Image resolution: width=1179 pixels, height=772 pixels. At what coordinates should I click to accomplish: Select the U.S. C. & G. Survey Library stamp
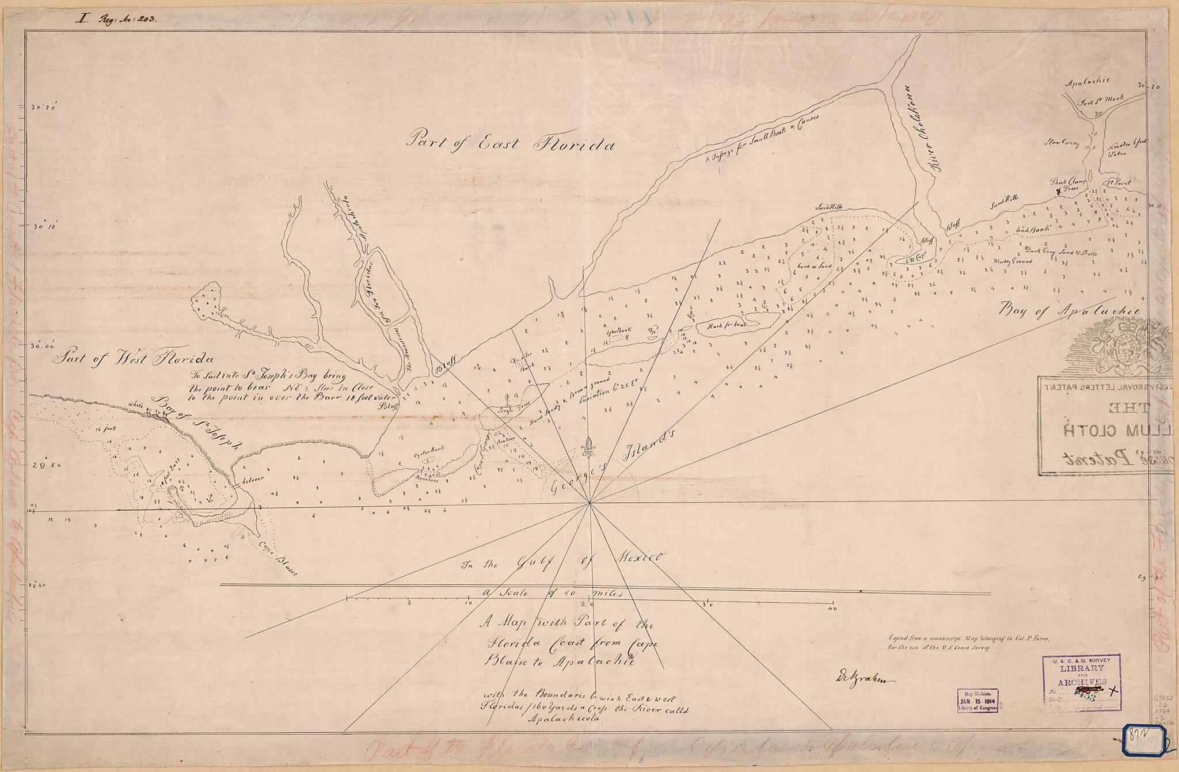coord(1081,682)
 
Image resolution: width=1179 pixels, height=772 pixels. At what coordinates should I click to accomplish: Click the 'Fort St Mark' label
coord(1100,100)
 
